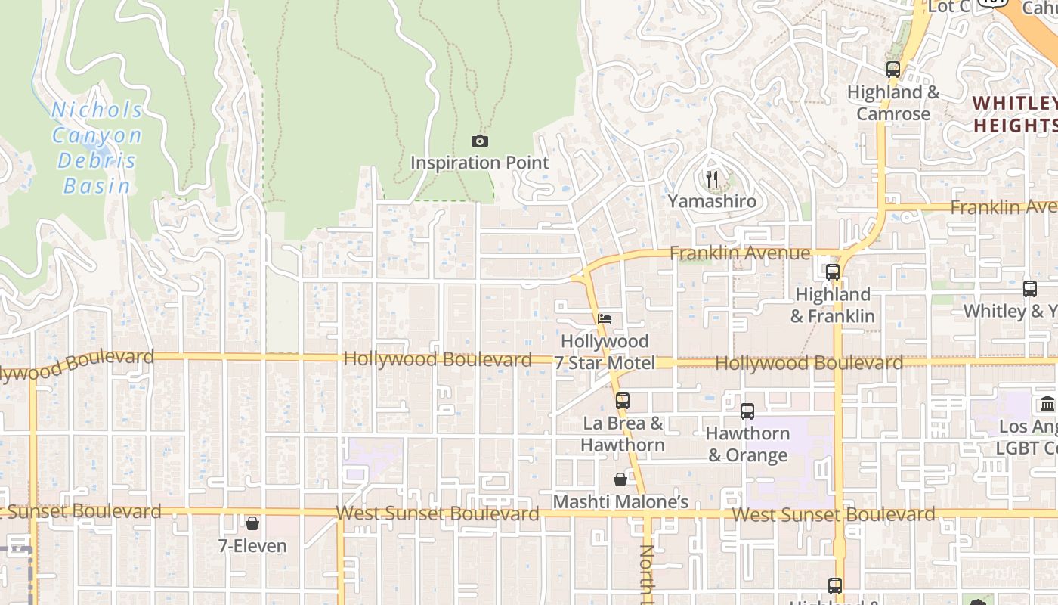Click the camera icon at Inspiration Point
coord(480,141)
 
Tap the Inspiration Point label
coord(480,163)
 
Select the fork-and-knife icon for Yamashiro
coord(711,179)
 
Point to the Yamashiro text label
coord(711,201)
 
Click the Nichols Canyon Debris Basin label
coord(97,148)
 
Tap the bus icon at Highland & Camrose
coord(893,70)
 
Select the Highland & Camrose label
coord(893,103)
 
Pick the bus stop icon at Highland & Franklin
coord(833,272)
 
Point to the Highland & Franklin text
coord(833,305)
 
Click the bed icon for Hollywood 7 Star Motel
coord(605,319)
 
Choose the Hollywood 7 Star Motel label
coord(605,352)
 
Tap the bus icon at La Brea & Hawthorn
coord(622,401)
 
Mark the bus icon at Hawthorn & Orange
coord(747,411)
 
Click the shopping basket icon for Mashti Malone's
coord(620,479)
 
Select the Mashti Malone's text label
coord(620,502)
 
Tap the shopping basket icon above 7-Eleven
coord(252,523)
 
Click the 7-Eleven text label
coord(252,545)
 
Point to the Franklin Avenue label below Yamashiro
coord(740,253)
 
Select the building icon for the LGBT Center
coord(1047,403)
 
